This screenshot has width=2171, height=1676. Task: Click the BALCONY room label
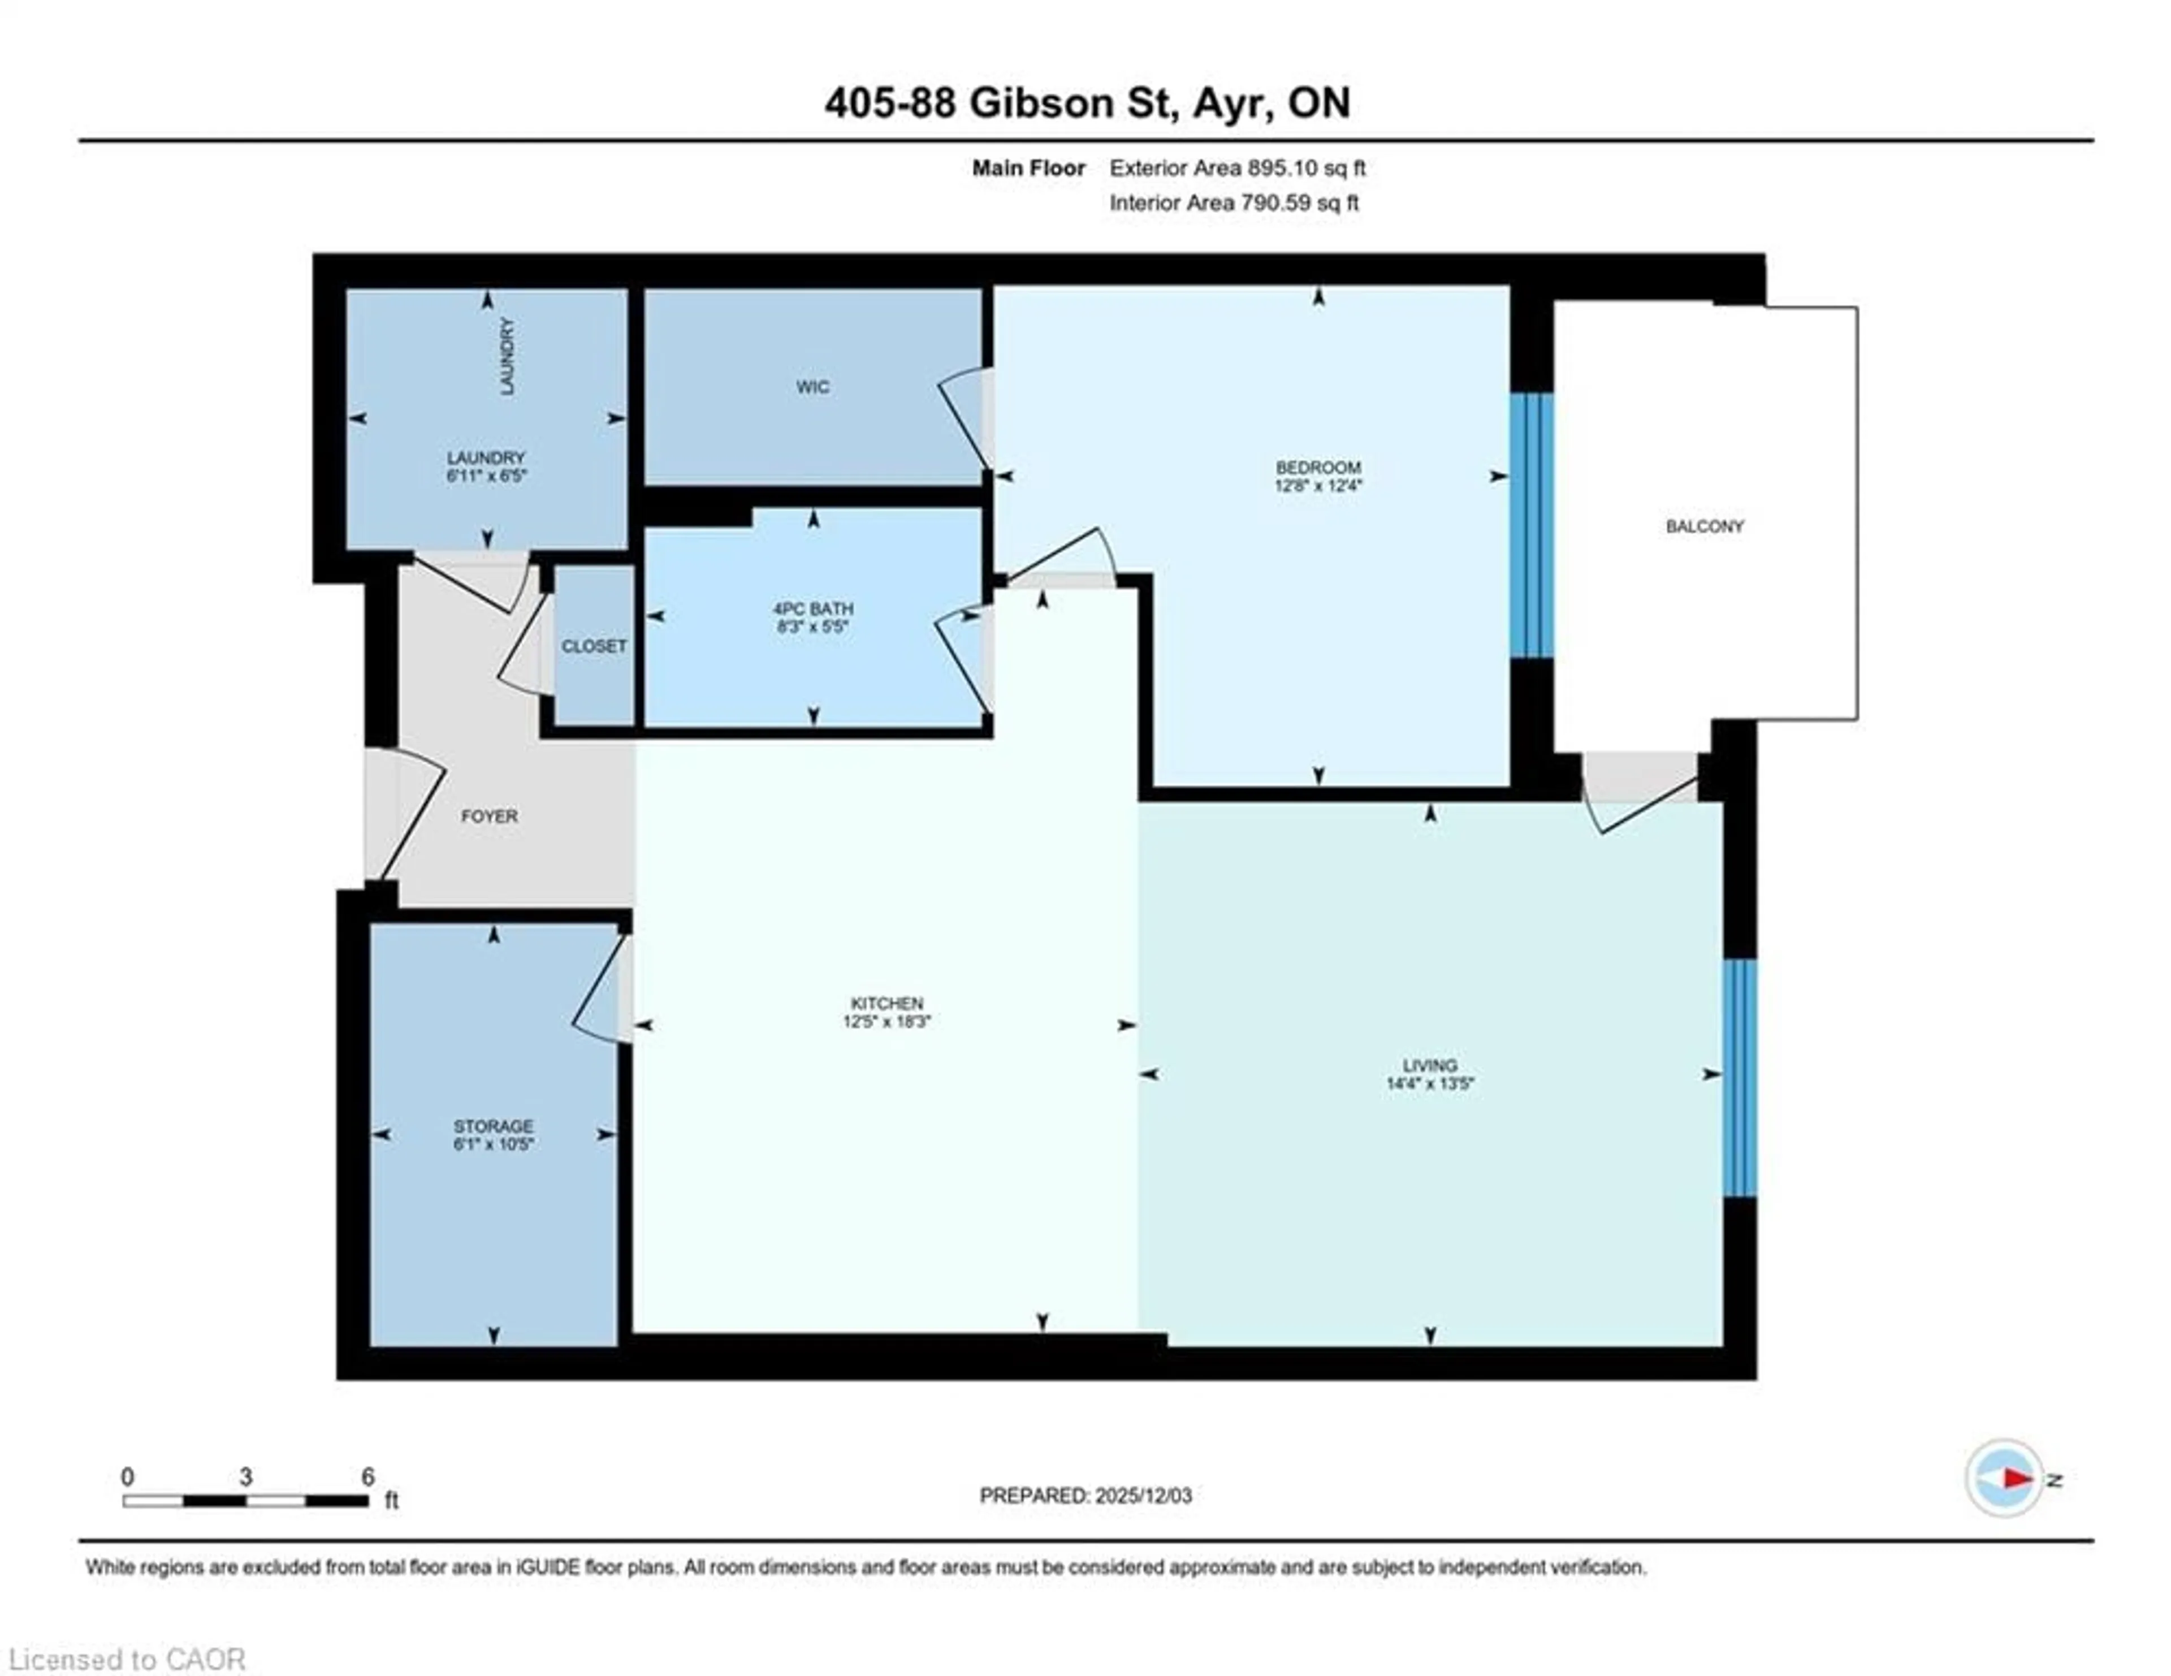(x=1704, y=526)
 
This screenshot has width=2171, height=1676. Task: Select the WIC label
(x=812, y=387)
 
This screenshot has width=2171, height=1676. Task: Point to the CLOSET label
(x=594, y=646)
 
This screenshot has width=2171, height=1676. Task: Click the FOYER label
(x=489, y=816)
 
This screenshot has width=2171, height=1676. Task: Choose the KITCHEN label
(x=886, y=1003)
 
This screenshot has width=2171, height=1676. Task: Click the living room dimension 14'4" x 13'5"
(x=1429, y=1083)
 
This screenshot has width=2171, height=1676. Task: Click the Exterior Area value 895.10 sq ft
(x=1305, y=168)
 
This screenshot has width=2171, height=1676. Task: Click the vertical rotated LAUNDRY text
(x=507, y=356)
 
